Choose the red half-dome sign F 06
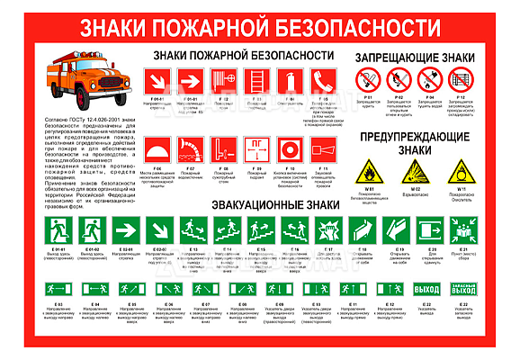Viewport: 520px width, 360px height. pos(157,148)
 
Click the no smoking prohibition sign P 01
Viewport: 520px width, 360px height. pos(366,82)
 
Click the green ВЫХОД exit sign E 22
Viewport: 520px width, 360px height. pos(426,290)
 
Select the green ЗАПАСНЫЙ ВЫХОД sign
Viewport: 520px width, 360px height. pos(462,290)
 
